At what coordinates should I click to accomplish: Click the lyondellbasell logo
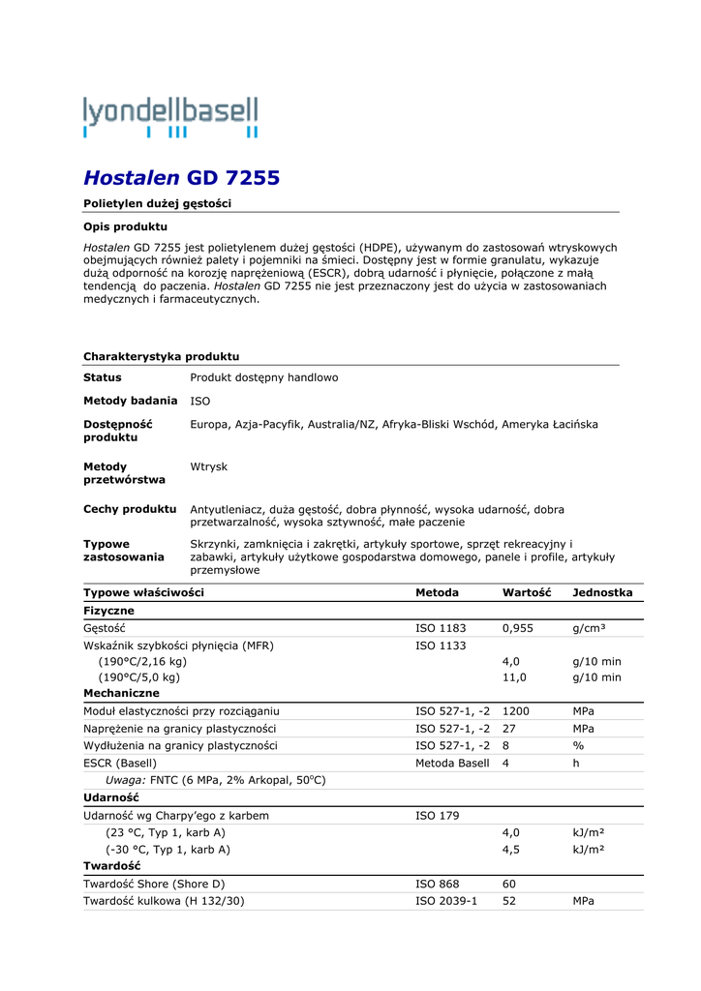point(170,116)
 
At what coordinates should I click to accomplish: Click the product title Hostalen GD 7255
point(181,177)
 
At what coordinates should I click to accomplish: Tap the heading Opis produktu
point(125,226)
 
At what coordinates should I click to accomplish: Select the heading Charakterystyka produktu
point(161,356)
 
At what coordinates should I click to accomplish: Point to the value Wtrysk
point(208,466)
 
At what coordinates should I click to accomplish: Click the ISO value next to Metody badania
point(199,400)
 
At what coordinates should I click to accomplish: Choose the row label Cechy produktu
point(130,509)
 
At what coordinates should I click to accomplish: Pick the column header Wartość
point(526,592)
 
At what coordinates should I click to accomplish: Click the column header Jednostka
point(602,592)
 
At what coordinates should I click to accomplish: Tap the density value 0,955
point(518,628)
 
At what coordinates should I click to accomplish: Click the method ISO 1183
point(441,628)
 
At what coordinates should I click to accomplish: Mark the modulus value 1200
point(516,711)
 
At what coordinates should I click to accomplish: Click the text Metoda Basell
point(452,763)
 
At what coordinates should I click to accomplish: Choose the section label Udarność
point(112,797)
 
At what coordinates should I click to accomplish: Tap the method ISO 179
point(438,816)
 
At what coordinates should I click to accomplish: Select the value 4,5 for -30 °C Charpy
point(511,849)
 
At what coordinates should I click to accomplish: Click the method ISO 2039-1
point(446,900)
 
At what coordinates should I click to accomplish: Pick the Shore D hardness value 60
point(509,884)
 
